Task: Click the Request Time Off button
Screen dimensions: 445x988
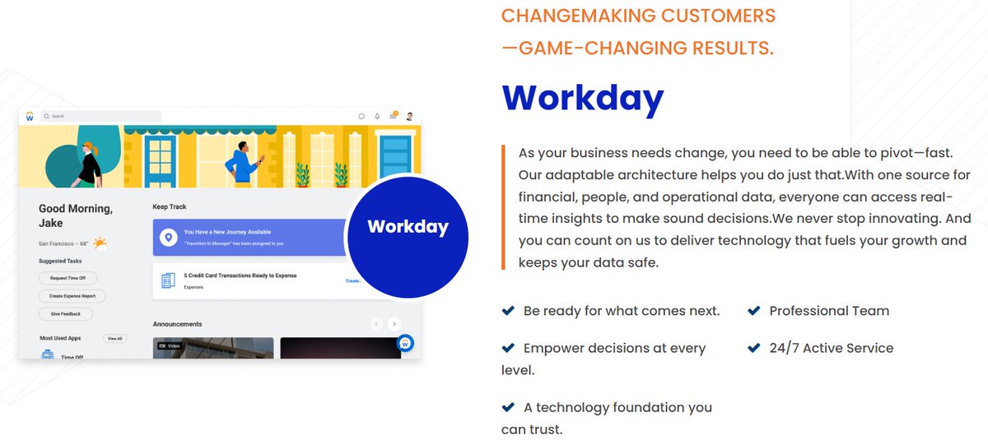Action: click(x=68, y=278)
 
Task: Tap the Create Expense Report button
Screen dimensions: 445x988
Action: click(x=72, y=296)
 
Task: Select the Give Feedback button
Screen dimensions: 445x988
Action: click(x=66, y=314)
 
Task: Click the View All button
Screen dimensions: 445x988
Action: click(x=114, y=338)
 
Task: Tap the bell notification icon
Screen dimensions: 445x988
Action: click(x=377, y=117)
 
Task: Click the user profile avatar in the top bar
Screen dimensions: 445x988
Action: click(x=409, y=117)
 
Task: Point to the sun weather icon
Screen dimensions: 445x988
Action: click(x=100, y=243)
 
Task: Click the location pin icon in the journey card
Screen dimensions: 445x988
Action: click(x=169, y=238)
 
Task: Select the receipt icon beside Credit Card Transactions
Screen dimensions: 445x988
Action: click(x=169, y=280)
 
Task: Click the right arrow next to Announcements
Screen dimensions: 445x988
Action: click(x=394, y=324)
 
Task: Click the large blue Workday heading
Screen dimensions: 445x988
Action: click(x=582, y=98)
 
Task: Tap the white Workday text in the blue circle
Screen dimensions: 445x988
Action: click(x=408, y=227)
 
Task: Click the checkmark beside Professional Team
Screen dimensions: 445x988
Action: click(x=753, y=311)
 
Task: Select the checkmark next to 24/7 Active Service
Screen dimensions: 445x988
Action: click(x=753, y=348)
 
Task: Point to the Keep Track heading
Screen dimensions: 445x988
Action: click(x=170, y=206)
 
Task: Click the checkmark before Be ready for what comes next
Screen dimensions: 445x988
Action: click(x=508, y=311)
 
